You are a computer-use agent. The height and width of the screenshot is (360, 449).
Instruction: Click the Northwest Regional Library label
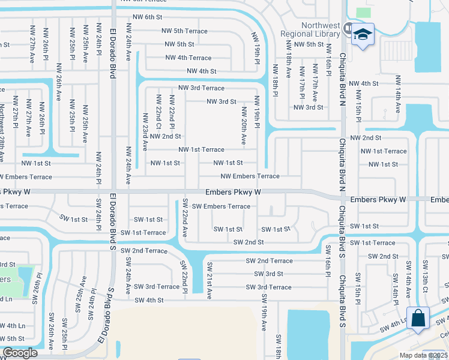tap(311, 29)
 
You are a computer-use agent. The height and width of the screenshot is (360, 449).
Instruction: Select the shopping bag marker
tap(418, 318)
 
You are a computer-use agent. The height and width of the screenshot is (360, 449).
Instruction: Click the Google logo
tap(19, 353)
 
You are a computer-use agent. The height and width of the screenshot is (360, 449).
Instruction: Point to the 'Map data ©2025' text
tap(424, 355)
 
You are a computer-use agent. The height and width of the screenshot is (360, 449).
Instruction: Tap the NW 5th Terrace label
tap(184, 31)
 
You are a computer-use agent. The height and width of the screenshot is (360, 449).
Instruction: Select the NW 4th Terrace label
tap(188, 58)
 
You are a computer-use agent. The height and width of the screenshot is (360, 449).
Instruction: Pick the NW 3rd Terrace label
tap(200, 88)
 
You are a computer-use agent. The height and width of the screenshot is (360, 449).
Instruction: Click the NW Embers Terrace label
tap(250, 176)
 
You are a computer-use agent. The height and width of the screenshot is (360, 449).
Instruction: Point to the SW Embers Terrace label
tap(221, 206)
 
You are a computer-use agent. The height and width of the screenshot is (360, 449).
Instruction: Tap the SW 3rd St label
tap(268, 274)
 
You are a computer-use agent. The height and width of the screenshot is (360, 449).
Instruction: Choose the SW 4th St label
tap(149, 300)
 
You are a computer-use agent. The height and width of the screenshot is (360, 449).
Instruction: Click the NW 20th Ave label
tap(244, 126)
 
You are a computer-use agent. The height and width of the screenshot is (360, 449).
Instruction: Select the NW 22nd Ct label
tap(158, 112)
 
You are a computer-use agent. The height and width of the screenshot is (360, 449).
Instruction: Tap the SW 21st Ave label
tap(209, 281)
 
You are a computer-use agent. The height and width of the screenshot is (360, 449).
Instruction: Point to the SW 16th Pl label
tap(328, 259)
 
